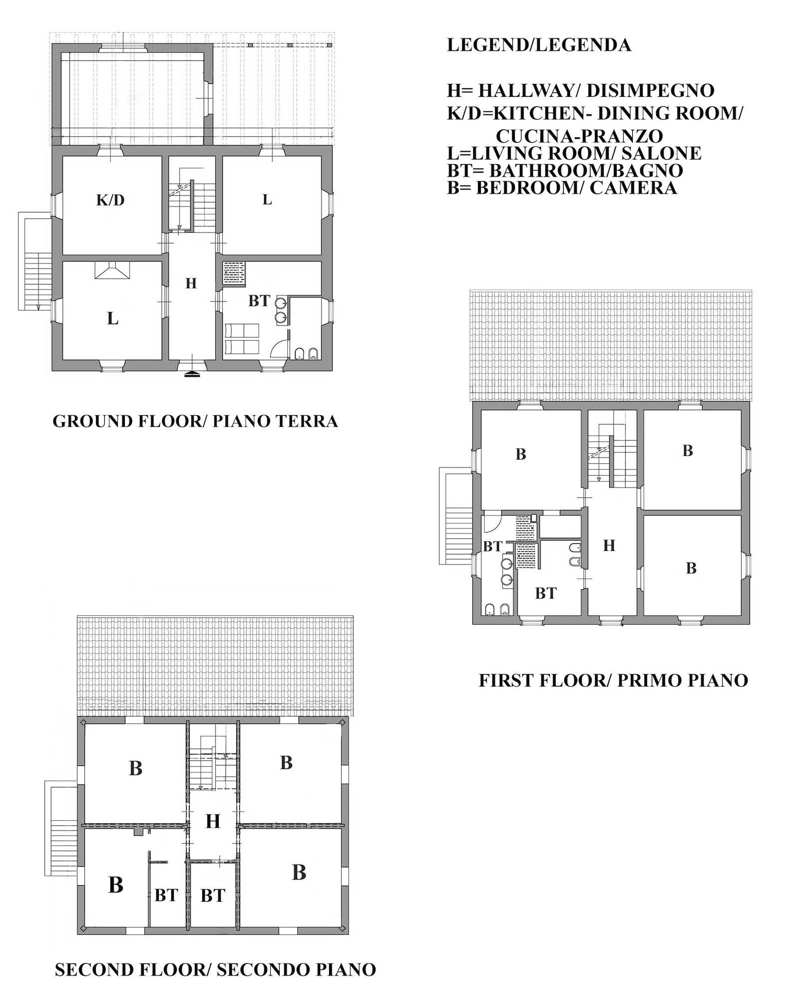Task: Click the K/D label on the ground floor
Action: coord(110,201)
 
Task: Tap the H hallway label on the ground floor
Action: coord(191,283)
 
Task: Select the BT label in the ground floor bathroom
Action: coord(259,301)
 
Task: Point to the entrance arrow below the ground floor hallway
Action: coord(193,374)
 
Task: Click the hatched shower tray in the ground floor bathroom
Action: coord(234,274)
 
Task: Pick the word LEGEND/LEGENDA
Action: coord(539,45)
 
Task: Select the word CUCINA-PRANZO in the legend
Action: coord(579,136)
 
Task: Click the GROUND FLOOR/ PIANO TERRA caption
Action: coord(195,421)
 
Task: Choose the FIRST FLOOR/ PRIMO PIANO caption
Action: coord(613,680)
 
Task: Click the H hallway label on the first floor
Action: coord(609,545)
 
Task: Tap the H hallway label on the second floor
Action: coord(213,821)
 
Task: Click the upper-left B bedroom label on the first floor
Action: coord(521,455)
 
